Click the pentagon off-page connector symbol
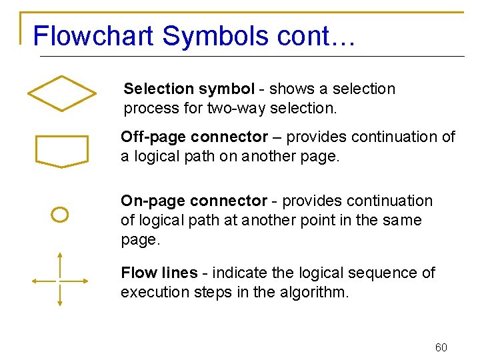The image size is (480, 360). pyautogui.click(x=61, y=151)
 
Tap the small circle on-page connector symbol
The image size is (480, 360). pyautogui.click(x=60, y=215)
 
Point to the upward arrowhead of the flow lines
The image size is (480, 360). pyautogui.click(x=60, y=256)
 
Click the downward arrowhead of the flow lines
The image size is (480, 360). pyautogui.click(x=60, y=303)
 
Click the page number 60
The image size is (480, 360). pyautogui.click(x=441, y=347)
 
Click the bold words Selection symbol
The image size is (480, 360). pyautogui.click(x=189, y=89)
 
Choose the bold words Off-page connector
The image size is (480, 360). pyautogui.click(x=194, y=137)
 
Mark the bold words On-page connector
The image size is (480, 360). pyautogui.click(x=193, y=201)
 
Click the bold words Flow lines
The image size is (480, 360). pyautogui.click(x=159, y=273)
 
